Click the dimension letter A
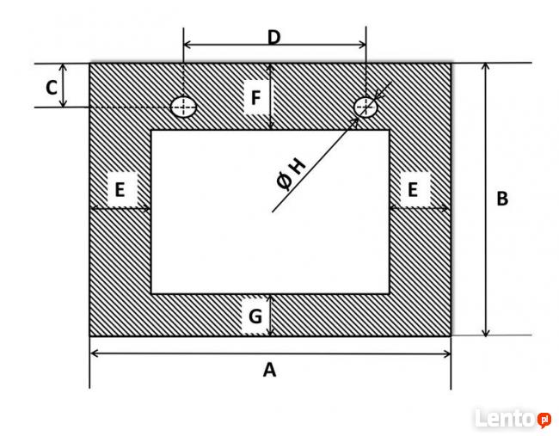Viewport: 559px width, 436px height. tap(269, 370)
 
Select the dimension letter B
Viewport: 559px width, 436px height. tap(502, 199)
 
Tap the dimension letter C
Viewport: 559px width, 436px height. tap(52, 88)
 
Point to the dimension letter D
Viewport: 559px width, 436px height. tap(273, 37)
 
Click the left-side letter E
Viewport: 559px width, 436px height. tap(120, 190)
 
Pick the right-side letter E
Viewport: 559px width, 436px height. tap(413, 190)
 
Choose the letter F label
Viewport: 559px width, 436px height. tap(255, 98)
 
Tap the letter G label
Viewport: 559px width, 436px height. tap(255, 316)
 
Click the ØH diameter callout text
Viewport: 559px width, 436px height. tap(291, 175)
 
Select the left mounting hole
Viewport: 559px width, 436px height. tap(183, 107)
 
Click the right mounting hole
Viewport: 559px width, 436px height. tap(365, 107)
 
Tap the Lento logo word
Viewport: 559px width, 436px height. tap(506, 418)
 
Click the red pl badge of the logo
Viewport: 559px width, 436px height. tap(544, 420)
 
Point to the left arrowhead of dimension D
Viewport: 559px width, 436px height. tap(187, 45)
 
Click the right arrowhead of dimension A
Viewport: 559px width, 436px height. tap(447, 354)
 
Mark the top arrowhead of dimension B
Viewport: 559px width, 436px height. tap(486, 67)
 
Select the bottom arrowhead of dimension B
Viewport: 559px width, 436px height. tap(486, 332)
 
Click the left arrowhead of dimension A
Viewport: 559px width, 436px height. tap(94, 353)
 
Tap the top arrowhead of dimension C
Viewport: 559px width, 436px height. tap(63, 67)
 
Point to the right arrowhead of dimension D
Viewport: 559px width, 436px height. tap(362, 45)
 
